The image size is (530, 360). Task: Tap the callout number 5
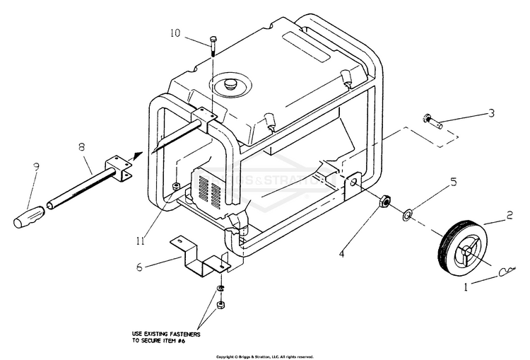tap(453, 182)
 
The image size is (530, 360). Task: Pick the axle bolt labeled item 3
tap(432, 122)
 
